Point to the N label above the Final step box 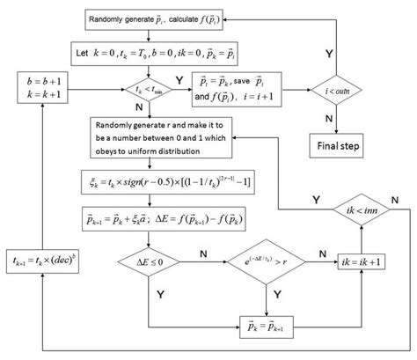coord(328,117)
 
